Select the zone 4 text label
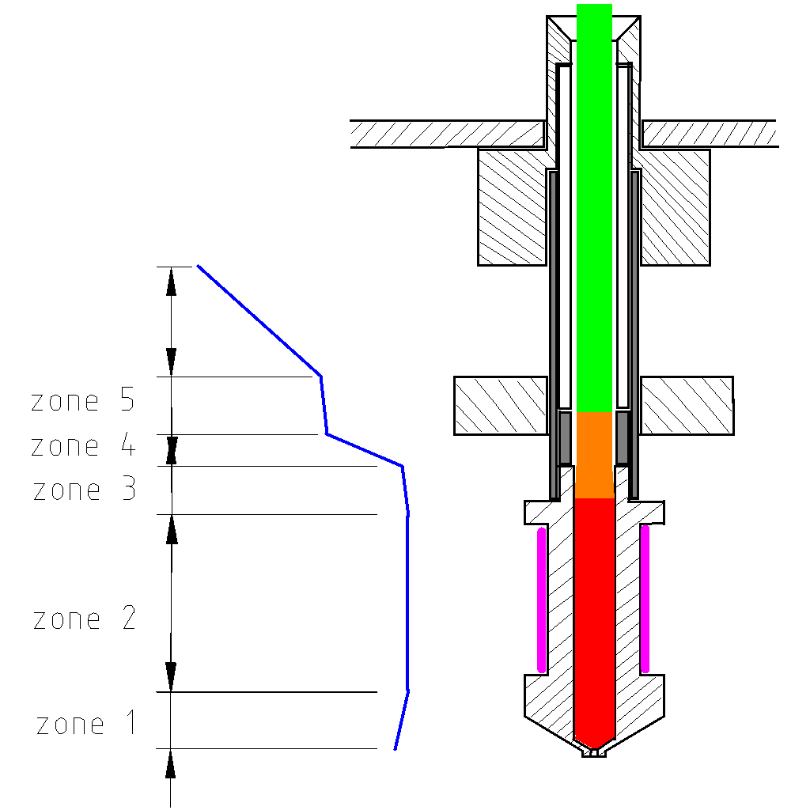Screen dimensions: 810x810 pyautogui.click(x=82, y=445)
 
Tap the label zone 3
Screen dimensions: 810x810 pyautogui.click(x=85, y=489)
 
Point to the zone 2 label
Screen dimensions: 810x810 pyautogui.click(x=85, y=618)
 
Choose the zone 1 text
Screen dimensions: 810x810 pyautogui.click(x=86, y=722)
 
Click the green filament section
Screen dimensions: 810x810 pyautogui.click(x=594, y=208)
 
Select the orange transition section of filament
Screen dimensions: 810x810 pyautogui.click(x=594, y=455)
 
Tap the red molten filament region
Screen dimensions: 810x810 pyautogui.click(x=594, y=623)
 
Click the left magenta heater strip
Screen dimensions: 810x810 pyautogui.click(x=541, y=600)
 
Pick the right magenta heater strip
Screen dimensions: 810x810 pyautogui.click(x=645, y=599)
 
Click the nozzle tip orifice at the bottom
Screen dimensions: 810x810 pyautogui.click(x=594, y=753)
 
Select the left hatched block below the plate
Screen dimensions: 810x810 pyautogui.click(x=512, y=208)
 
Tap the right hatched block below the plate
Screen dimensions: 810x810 pyautogui.click(x=676, y=208)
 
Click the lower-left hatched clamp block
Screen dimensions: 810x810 pyautogui.click(x=501, y=406)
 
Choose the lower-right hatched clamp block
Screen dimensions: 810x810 pyautogui.click(x=687, y=406)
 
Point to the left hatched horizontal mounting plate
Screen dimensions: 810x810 pyautogui.click(x=448, y=134)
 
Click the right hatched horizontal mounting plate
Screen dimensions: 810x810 pyautogui.click(x=710, y=134)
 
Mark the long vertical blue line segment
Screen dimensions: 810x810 pyautogui.click(x=407, y=603)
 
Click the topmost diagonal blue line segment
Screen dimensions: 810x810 pyautogui.click(x=259, y=321)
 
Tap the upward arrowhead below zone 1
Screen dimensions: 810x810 pyautogui.click(x=171, y=765)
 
